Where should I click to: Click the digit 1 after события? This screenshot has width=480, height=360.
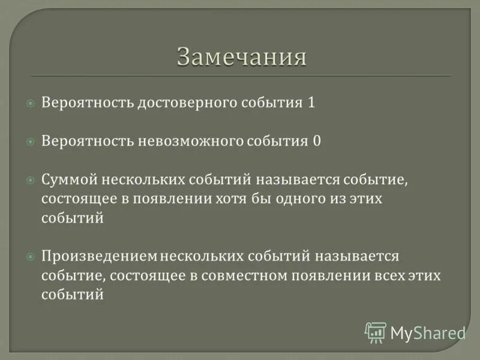point(311,103)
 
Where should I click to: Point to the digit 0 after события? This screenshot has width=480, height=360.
point(316,141)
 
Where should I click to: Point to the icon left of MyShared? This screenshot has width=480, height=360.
point(376,332)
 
